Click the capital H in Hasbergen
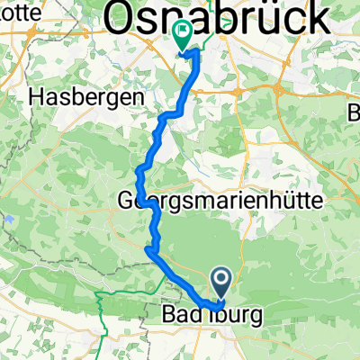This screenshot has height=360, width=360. pyautogui.click(x=36, y=94)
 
